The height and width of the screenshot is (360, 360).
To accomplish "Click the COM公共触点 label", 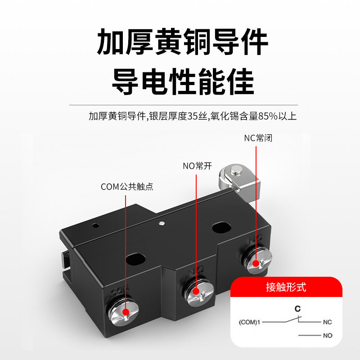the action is point(127,186).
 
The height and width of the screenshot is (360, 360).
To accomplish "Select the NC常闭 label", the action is point(258,138).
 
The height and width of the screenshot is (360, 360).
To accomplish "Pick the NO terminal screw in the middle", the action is point(195,291).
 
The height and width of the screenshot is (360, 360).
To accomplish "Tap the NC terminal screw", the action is point(255,264).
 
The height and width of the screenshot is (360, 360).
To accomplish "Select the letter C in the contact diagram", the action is point(297,309).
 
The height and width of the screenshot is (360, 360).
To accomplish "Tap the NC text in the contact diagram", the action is point(327,322).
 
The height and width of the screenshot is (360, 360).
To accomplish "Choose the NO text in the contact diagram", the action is point(327,336).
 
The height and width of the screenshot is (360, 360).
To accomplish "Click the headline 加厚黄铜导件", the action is point(183,42).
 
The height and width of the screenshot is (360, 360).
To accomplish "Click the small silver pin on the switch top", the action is point(161,222).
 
